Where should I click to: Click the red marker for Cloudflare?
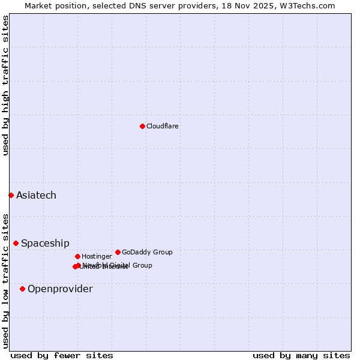pos(142,126)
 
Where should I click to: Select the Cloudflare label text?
pos(163,126)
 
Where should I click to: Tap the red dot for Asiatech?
pos(11,195)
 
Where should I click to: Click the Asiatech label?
pos(36,195)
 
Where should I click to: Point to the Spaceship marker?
pos(16,243)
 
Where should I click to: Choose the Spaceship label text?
pos(45,243)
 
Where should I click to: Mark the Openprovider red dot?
pos(22,289)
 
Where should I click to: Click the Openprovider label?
pos(60,289)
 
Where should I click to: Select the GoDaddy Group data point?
pos(118,252)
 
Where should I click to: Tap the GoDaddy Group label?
pos(147,252)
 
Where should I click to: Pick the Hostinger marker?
pos(77,256)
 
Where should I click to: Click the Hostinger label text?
pos(97,256)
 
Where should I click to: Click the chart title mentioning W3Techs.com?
pos(180,5)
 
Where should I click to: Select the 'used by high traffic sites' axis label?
pos(5,86)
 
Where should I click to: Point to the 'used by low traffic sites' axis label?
pos(5,281)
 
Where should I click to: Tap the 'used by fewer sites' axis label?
pos(62,355)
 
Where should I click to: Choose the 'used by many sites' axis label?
pos(301,355)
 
